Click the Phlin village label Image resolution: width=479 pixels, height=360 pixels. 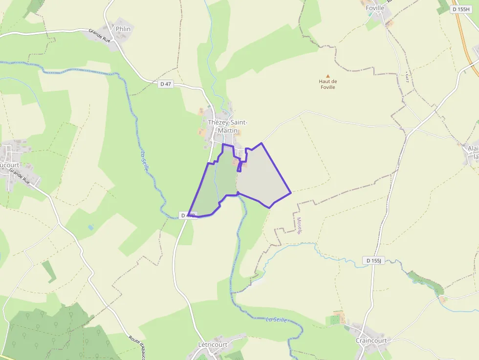[123, 29]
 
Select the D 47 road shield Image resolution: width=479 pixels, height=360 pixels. [166, 84]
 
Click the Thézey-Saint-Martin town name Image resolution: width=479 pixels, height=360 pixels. [228, 126]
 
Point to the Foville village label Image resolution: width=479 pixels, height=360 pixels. [374, 8]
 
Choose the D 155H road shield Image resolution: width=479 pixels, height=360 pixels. [460, 9]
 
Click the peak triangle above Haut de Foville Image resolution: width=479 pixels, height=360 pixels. [328, 76]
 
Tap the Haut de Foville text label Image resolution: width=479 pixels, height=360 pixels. [328, 84]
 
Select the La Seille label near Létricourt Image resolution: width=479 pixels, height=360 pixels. [276, 320]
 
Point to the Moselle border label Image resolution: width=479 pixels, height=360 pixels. [299, 226]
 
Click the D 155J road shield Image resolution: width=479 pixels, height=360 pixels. [373, 261]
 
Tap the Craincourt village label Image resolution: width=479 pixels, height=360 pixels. [371, 340]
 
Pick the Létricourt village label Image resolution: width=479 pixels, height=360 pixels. [213, 345]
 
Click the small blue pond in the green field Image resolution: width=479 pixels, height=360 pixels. [90, 227]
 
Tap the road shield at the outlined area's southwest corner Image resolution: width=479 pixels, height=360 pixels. [188, 215]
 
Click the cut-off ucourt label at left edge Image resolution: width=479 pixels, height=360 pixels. [10, 165]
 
